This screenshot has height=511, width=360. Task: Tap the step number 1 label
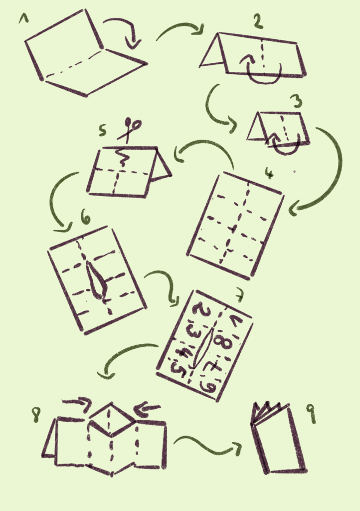(x=23, y=18)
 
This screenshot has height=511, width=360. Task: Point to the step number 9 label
(x=312, y=413)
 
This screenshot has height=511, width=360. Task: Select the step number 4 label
(x=269, y=173)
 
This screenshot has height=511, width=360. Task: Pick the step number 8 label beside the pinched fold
(x=36, y=415)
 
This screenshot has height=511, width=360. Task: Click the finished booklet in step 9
(x=279, y=438)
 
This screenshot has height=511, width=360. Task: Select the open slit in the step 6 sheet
(x=96, y=280)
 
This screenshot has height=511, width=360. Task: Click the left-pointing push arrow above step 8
(x=147, y=409)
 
